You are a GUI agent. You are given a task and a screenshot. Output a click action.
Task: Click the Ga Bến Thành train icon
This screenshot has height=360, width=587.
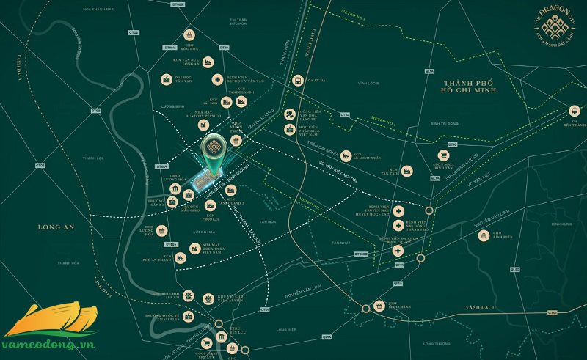[572, 111]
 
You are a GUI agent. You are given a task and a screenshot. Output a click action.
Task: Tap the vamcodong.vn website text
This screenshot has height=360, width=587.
[51, 342]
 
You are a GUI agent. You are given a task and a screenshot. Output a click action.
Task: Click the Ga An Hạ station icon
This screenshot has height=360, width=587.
[297, 81]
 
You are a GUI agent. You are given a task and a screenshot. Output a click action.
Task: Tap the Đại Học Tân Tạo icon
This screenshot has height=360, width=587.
[167, 79]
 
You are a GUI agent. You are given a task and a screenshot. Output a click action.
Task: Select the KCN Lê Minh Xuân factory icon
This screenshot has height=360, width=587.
[343, 155]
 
